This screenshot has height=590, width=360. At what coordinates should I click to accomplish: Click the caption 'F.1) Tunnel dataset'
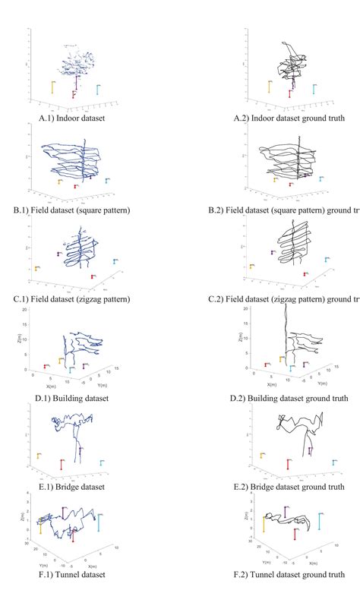(x=72, y=582)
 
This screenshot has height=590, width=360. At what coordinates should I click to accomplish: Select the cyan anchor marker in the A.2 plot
(x=314, y=89)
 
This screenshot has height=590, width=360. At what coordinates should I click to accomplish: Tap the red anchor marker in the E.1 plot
(x=62, y=465)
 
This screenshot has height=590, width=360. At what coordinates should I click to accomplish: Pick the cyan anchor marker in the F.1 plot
(x=99, y=522)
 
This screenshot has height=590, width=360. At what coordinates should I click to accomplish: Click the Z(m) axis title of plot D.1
(x=17, y=338)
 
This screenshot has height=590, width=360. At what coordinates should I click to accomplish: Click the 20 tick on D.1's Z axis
(x=25, y=310)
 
